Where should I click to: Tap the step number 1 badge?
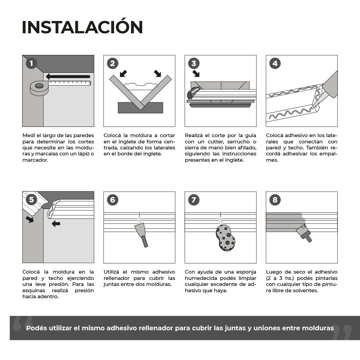[x=31, y=64]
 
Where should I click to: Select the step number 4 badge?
[x=275, y=64]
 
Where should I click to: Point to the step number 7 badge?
[x=194, y=200]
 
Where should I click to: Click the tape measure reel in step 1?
[x=39, y=88]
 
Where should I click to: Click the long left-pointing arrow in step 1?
[x=68, y=76]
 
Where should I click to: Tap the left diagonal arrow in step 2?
[x=123, y=73]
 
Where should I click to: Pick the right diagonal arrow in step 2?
[x=157, y=73]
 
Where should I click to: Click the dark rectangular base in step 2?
[x=140, y=108]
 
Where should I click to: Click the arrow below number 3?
[x=196, y=73]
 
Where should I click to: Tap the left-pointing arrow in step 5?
[x=56, y=223]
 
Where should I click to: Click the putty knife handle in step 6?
[x=145, y=241]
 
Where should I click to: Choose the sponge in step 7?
[x=226, y=238]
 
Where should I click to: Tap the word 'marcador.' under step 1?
[x=35, y=160]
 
